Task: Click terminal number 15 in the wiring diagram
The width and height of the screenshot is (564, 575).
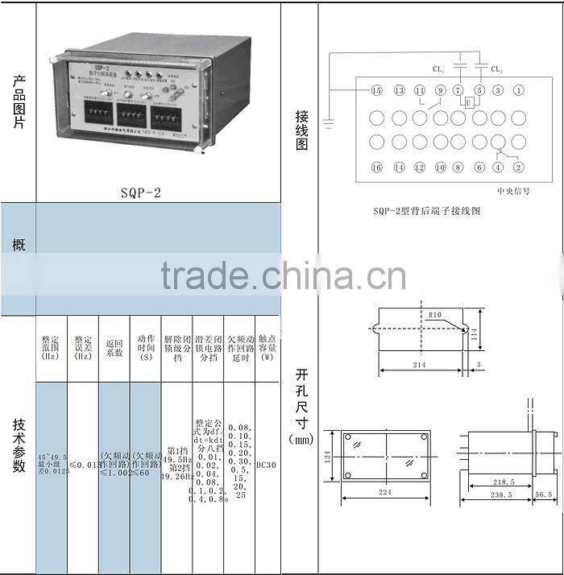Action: click(x=376, y=90)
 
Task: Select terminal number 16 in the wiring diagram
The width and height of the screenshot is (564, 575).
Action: click(x=376, y=168)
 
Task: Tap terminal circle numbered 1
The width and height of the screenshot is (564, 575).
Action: click(x=518, y=90)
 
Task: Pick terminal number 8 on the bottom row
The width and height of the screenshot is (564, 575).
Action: click(x=458, y=168)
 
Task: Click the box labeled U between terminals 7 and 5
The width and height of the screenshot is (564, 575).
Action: click(x=468, y=104)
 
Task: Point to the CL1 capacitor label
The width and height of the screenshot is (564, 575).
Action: click(x=438, y=69)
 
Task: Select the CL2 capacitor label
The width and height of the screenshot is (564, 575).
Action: click(x=497, y=69)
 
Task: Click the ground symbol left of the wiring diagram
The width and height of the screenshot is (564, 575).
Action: click(x=329, y=123)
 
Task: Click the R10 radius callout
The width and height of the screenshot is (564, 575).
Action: click(x=436, y=314)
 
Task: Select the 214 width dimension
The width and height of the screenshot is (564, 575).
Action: click(x=419, y=365)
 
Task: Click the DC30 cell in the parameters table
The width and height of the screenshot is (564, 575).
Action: click(x=266, y=465)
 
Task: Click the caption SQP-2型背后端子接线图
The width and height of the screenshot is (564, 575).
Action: click(x=427, y=211)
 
